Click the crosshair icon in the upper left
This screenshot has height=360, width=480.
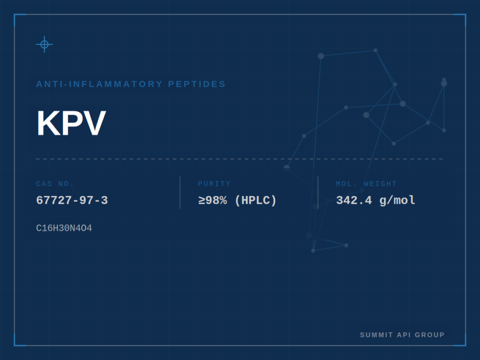coord(45,45)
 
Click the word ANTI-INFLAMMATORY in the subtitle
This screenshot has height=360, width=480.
coord(99,84)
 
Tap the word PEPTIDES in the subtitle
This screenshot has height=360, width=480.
coord(197,84)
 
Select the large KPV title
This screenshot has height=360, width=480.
coord(71,123)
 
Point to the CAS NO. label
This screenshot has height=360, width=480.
coord(55,184)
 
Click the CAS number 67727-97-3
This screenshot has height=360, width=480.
coord(72,201)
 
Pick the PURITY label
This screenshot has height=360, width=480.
coord(214,184)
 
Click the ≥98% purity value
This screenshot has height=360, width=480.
coord(213,201)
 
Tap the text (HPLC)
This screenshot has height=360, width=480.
coord(256,201)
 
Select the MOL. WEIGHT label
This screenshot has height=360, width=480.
coord(367,184)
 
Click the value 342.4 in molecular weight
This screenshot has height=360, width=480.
coord(354,201)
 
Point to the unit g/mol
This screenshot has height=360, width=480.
coord(397,201)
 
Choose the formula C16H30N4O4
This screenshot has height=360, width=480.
coord(64,228)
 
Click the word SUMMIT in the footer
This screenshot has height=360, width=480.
coord(376,335)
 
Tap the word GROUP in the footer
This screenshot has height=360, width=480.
coord(430,335)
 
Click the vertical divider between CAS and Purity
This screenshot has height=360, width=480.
coord(180,193)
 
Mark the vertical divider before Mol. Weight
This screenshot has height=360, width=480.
coord(318,193)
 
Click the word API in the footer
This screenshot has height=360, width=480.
coord(404,335)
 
